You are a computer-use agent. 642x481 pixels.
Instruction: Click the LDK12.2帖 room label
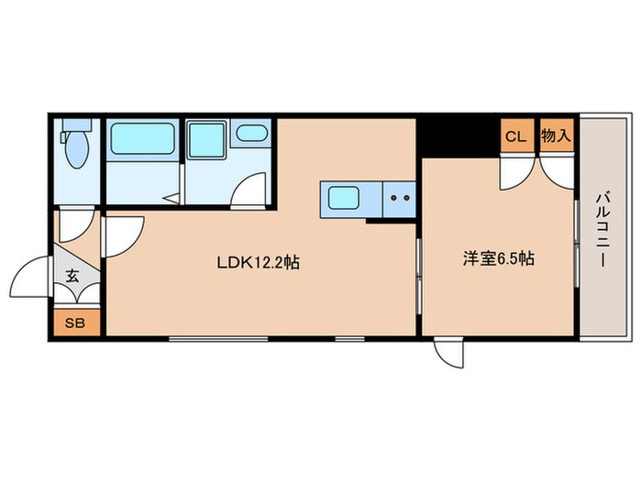click(x=259, y=262)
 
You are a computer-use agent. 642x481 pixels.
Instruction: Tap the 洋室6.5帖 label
click(x=497, y=259)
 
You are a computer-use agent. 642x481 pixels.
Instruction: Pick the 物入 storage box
click(x=556, y=137)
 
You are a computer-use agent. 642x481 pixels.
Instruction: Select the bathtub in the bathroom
click(x=143, y=139)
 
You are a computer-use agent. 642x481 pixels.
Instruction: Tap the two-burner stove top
click(x=399, y=197)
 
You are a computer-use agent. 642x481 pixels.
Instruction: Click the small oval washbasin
click(x=249, y=136)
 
